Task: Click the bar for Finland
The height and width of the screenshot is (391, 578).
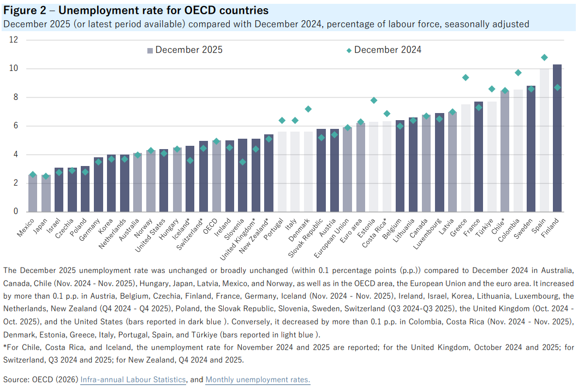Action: (557, 138)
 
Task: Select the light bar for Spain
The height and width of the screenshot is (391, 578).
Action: (544, 140)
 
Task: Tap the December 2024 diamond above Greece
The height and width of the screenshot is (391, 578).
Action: (466, 78)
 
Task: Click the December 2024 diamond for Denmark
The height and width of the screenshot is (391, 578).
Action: (308, 109)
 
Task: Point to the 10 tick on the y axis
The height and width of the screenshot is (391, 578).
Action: (13, 68)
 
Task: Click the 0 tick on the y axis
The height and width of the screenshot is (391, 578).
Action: (15, 211)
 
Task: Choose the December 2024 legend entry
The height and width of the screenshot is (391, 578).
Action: (384, 50)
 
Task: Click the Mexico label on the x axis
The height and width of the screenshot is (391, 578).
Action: (26, 227)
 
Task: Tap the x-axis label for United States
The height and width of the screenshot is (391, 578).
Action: (150, 235)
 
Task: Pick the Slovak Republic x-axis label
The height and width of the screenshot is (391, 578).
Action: (305, 238)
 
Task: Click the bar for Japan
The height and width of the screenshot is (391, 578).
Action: (46, 194)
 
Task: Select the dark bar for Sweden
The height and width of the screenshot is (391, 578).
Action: (531, 149)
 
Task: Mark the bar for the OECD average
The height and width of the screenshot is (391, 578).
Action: (216, 176)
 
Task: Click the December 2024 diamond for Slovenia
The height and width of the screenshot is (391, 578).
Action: (242, 162)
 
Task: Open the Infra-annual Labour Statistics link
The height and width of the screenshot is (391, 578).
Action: (133, 380)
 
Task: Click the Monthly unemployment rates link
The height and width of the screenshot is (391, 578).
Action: (258, 380)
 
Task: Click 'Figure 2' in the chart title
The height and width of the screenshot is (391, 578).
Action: (25, 10)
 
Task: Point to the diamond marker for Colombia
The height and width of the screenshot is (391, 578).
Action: (518, 73)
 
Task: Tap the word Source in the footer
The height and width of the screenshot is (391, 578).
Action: (15, 380)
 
